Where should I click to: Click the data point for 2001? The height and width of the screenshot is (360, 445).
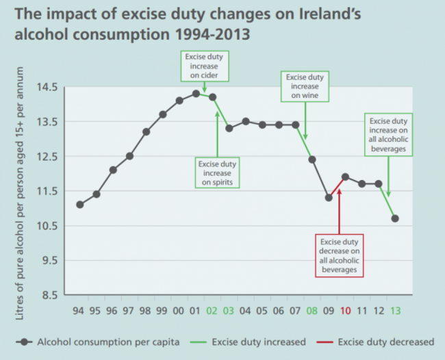(x=196, y=94)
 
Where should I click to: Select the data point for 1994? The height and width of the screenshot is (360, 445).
(x=80, y=205)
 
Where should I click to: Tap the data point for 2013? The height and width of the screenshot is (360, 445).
(x=395, y=218)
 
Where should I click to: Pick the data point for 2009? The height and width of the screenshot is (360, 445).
(x=329, y=198)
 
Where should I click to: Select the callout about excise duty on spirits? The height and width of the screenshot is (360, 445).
(x=217, y=173)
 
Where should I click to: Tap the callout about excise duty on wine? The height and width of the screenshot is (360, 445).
(x=304, y=87)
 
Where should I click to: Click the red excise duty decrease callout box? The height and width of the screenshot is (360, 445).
(x=339, y=256)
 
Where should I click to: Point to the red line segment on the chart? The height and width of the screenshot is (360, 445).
(x=337, y=187)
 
